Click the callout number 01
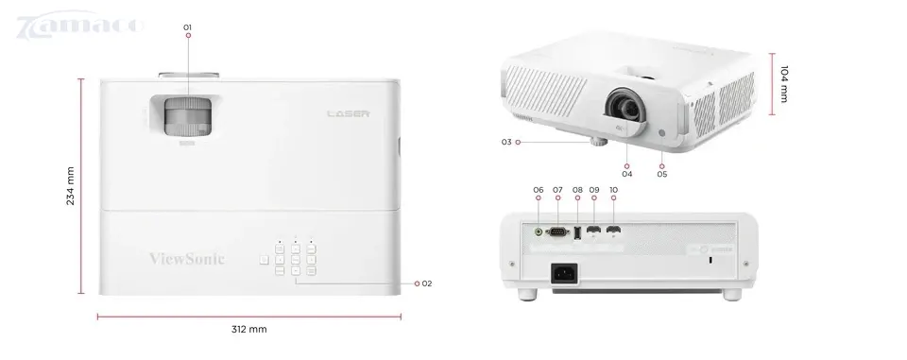coord(188,26)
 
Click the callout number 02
coord(426,283)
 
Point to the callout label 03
coord(506,143)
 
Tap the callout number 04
coord(626,174)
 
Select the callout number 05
coord(662,174)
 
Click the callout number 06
coord(539,190)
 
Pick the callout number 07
coord(557,190)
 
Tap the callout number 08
coord(577,190)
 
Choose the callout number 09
coord(594,190)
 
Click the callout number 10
coord(614,190)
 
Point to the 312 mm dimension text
coord(248,330)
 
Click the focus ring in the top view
coord(187,118)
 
